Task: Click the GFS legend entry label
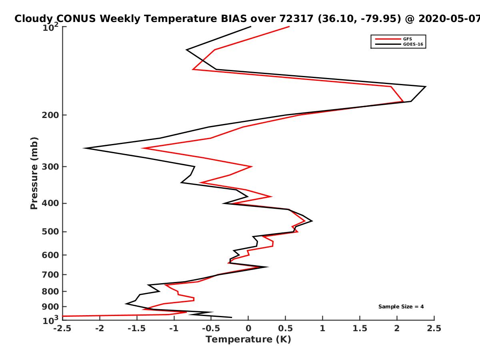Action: tap(407, 39)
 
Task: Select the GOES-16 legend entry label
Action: tap(413, 44)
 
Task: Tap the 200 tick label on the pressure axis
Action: tap(50, 115)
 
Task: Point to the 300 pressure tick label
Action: tap(50, 167)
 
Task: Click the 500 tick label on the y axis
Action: tap(50, 232)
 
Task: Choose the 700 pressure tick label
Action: tap(50, 275)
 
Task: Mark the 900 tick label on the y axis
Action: tap(50, 307)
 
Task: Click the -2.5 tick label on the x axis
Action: tap(62, 328)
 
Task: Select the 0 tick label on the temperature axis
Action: tap(248, 328)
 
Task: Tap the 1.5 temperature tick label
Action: tap(360, 328)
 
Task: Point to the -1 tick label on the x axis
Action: tap(174, 328)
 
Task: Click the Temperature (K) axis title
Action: tap(248, 340)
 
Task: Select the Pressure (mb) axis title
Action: tap(34, 173)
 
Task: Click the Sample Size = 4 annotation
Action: tap(401, 307)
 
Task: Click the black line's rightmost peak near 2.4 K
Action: tap(425, 87)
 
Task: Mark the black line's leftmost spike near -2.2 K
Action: tap(84, 148)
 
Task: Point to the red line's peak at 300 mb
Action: tap(251, 166)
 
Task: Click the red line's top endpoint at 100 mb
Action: tap(289, 27)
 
